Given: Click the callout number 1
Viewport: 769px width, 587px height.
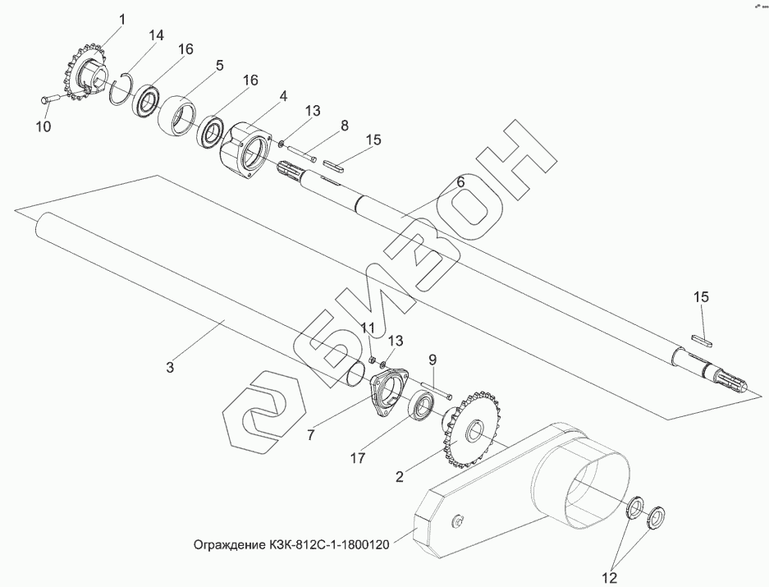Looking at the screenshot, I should pos(121,19).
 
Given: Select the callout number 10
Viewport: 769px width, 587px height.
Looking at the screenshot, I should pos(43,126).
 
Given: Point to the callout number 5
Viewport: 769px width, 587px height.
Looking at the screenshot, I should pos(220,65).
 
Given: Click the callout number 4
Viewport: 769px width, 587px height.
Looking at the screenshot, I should pos(282,95).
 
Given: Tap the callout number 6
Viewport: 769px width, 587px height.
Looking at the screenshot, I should pos(460,181).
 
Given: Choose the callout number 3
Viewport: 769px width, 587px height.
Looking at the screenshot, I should pos(170,367).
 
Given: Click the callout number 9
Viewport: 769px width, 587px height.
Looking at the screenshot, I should pos(432,359).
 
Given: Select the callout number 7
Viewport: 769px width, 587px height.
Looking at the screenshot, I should pos(311,435).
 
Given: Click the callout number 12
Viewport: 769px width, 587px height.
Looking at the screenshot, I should pos(607,579).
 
